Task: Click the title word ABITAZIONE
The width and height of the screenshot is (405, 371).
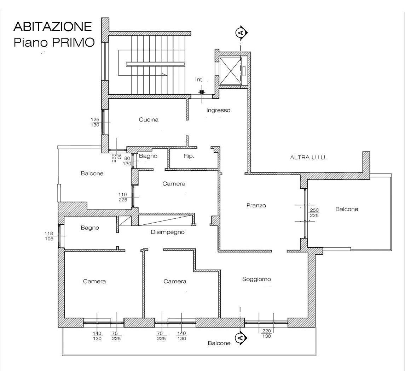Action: click(53, 26)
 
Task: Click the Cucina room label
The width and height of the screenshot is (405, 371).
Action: click(149, 120)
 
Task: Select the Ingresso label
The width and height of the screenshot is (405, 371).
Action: click(218, 111)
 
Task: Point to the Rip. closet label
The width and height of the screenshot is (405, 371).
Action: click(189, 156)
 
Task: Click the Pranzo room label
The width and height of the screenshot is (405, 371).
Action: click(256, 206)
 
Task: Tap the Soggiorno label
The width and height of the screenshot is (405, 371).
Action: click(256, 279)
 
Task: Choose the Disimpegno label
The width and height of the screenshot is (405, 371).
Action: click(168, 232)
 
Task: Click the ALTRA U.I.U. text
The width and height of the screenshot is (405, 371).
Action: click(308, 157)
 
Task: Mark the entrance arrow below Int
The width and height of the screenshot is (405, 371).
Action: click(202, 92)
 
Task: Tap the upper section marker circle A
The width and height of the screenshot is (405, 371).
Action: click(241, 33)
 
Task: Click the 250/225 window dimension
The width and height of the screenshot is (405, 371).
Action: click(314, 213)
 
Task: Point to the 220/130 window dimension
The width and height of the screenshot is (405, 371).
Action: click(266, 334)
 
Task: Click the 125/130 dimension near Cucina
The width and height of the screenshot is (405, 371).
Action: click(95, 122)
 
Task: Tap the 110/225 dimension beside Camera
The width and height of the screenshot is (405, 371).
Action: click(123, 197)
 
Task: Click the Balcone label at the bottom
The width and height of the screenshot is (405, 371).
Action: click(219, 343)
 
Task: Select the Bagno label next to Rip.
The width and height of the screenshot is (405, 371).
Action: click(148, 156)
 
